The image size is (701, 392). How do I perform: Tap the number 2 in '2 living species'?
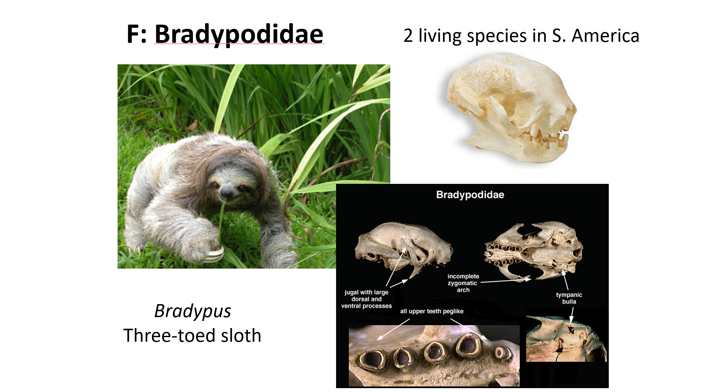[408, 36]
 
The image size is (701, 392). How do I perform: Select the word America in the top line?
[605, 36]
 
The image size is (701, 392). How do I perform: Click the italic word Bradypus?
[192, 311]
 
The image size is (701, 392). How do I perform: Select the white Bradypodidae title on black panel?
[470, 195]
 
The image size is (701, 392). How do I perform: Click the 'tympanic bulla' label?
[569, 298]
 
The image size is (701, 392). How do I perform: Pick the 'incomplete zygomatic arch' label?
[463, 283]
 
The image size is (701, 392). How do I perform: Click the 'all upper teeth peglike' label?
[431, 311]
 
